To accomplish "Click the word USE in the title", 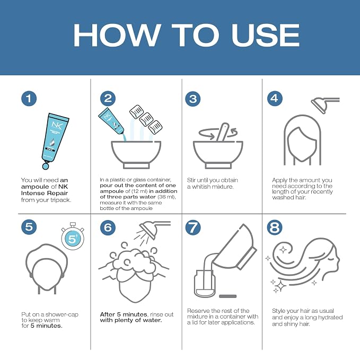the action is [x=266, y=35].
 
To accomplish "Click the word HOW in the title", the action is [x=117, y=35].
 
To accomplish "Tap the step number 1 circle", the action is [x=29, y=99].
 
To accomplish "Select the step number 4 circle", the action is [x=275, y=99].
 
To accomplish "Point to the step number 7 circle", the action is [x=193, y=227].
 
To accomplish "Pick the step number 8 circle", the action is [x=275, y=227].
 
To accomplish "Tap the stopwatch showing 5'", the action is [x=73, y=236].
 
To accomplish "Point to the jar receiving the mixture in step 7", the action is [x=205, y=284].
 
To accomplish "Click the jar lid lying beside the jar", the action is [x=228, y=296].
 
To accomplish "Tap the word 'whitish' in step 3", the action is [x=203, y=187].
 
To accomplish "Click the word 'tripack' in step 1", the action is [x=60, y=200].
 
